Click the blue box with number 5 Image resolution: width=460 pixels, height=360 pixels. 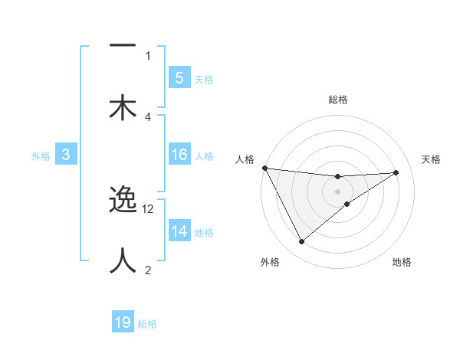pyautogui.click(x=179, y=77)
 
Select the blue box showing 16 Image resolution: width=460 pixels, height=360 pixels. pyautogui.click(x=179, y=155)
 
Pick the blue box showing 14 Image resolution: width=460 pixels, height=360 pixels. pyautogui.click(x=179, y=231)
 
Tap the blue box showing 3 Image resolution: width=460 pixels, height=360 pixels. pyautogui.click(x=66, y=155)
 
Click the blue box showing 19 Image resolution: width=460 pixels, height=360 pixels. pyautogui.click(x=123, y=322)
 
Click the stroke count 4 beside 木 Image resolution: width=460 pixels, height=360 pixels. pyautogui.click(x=148, y=116)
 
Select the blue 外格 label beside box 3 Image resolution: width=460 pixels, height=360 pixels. pyautogui.click(x=41, y=155)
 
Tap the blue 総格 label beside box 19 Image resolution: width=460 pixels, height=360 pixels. pyautogui.click(x=147, y=324)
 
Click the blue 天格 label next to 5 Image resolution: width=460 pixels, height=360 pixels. pyautogui.click(x=203, y=79)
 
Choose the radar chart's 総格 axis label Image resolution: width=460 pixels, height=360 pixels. pyautogui.click(x=337, y=100)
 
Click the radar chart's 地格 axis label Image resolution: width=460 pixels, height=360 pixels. pyautogui.click(x=402, y=262)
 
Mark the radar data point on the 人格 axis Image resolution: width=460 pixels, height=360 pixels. pyautogui.click(x=264, y=168)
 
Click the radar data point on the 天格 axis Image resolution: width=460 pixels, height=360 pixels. pyautogui.click(x=396, y=172)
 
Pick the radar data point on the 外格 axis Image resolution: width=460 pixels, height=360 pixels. pyautogui.click(x=301, y=242)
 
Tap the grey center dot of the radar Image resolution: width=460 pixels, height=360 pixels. pyautogui.click(x=337, y=191)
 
